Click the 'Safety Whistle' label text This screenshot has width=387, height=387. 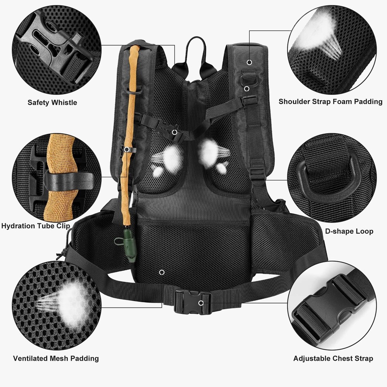coord(52,103)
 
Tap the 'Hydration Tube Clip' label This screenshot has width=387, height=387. coord(36,226)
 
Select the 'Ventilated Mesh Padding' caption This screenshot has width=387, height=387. coord(56,358)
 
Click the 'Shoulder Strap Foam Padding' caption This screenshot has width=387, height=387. coord(330,102)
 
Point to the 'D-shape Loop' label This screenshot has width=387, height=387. coord(349,231)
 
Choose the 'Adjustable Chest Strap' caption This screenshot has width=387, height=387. coord(333,358)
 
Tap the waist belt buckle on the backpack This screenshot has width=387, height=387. coord(192,302)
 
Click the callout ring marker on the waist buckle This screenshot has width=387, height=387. coord(201,302)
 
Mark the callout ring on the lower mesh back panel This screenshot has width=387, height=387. coord(161,272)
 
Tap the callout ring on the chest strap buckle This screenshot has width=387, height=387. coord(175,132)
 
